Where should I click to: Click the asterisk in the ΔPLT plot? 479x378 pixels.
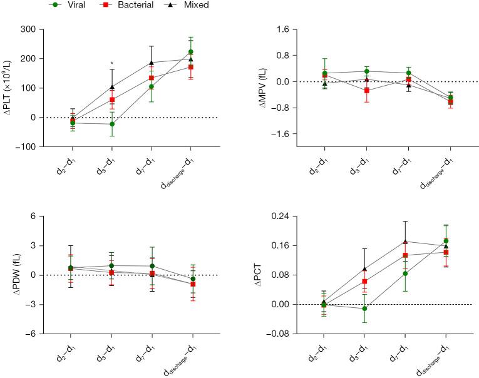point(112,63)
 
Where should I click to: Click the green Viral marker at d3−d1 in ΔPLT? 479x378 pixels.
point(112,124)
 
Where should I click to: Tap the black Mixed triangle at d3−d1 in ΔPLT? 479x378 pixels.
point(112,87)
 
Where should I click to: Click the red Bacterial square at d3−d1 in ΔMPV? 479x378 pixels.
point(367,91)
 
